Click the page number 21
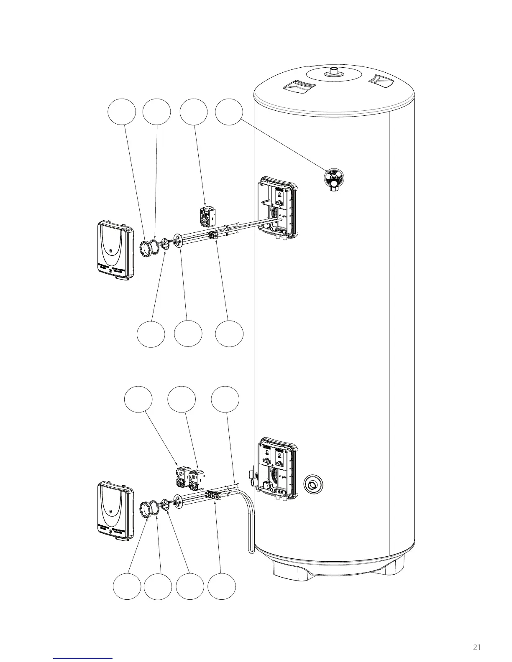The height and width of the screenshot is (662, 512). [477, 647]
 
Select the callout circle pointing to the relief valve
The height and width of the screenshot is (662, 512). [229, 112]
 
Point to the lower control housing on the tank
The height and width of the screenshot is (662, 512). [278, 468]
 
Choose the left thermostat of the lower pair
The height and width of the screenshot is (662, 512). [182, 476]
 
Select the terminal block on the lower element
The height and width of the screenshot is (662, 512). [214, 496]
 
